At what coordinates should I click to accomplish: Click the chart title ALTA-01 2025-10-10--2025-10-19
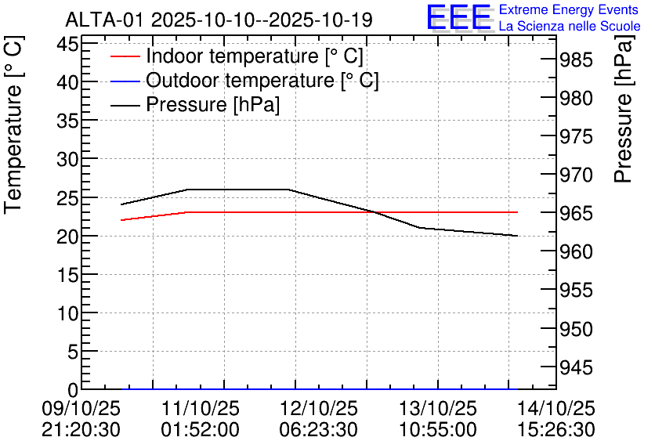point(219,19)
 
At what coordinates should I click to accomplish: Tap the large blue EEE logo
point(459,17)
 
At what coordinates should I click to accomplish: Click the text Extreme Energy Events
point(568,10)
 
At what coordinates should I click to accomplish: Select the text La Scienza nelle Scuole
point(570,26)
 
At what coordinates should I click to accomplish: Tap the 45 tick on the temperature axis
point(67,44)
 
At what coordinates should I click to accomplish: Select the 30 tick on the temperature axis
point(67,159)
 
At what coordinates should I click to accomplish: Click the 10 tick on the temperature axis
point(67,313)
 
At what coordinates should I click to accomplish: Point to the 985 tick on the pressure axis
point(579,60)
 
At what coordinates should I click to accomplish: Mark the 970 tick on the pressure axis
point(579,175)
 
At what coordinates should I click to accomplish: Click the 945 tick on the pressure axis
point(579,367)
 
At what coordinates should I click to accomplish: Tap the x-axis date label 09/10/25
point(81,409)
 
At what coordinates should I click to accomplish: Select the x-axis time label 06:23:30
point(319,430)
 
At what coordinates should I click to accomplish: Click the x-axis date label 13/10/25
point(437,409)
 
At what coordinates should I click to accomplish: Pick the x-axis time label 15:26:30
point(556,430)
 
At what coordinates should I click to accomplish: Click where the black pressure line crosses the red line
point(375,212)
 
